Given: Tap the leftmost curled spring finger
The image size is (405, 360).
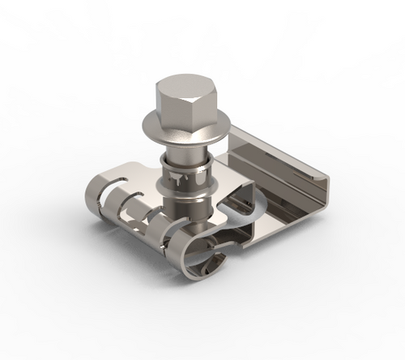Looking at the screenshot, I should [x=99, y=195].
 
